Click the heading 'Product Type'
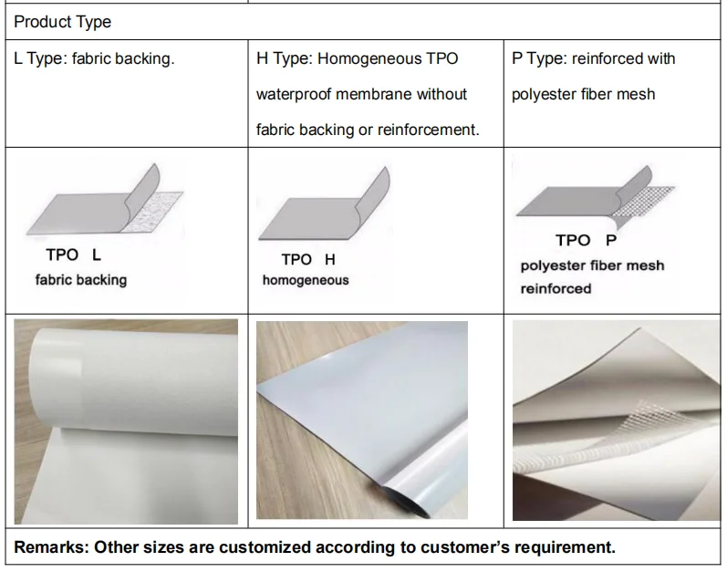click(x=61, y=21)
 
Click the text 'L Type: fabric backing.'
click(x=94, y=59)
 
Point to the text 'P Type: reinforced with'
click(x=593, y=59)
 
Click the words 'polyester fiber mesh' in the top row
click(x=583, y=94)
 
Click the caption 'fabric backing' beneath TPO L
click(x=81, y=280)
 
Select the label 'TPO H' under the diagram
click(x=308, y=260)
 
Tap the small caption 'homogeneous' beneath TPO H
click(x=306, y=281)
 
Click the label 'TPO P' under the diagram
click(x=586, y=240)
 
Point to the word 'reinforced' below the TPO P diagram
click(x=556, y=289)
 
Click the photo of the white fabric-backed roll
click(x=126, y=420)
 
